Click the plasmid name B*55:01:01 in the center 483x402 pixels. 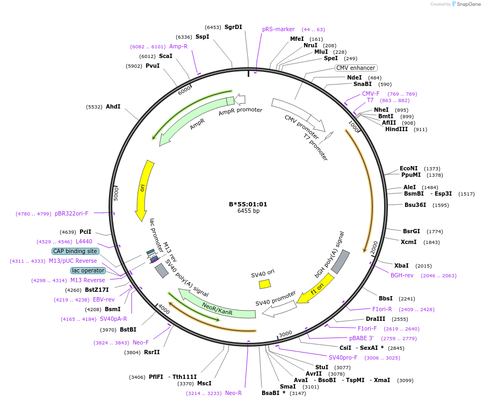248,204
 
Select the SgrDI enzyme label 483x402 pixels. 233,27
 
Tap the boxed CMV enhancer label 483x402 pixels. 356,68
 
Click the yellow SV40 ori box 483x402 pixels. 265,284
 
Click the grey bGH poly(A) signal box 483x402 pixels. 340,261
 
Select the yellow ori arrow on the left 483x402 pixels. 145,188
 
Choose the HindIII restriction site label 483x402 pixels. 396,129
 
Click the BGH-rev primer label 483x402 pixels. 402,275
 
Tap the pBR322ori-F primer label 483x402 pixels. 71,213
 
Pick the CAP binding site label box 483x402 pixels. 75,251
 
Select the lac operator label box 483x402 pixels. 88,270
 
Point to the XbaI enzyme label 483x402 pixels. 401,265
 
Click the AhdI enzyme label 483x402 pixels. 113,106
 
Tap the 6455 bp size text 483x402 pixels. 248,211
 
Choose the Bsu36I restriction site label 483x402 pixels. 415,205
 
